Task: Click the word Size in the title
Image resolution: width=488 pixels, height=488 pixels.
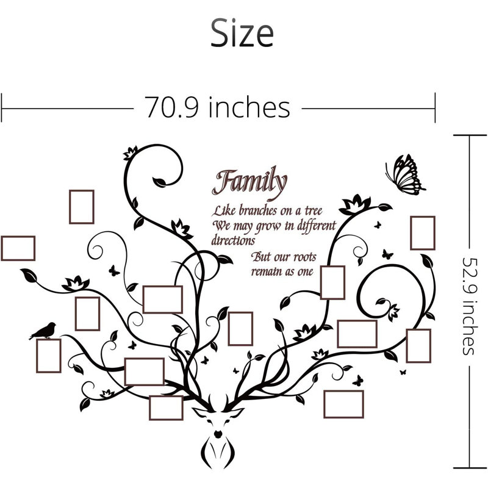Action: tap(242, 33)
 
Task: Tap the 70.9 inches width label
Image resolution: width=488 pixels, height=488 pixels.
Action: tap(217, 107)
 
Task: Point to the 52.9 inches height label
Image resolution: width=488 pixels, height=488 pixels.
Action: tap(468, 306)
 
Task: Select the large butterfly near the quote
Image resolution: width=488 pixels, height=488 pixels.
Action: tap(404, 175)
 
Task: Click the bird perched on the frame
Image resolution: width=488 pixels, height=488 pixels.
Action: tap(43, 331)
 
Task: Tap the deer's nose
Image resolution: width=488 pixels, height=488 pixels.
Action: tap(218, 434)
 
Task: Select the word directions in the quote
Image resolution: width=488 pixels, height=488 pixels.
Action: tap(233, 240)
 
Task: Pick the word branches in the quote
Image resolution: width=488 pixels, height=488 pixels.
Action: tap(257, 210)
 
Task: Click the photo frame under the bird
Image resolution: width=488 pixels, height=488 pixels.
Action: tap(49, 356)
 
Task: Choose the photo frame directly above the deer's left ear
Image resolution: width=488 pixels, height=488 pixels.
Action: tap(166, 407)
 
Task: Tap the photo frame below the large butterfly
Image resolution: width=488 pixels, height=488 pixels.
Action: tap(423, 233)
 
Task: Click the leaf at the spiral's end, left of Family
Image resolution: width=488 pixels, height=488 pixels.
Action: tap(160, 182)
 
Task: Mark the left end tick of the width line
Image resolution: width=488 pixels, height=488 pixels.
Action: tap(2, 108)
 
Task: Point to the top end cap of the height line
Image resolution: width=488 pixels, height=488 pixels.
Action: tap(470, 135)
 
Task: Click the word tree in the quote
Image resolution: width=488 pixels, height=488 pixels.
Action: tap(314, 210)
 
